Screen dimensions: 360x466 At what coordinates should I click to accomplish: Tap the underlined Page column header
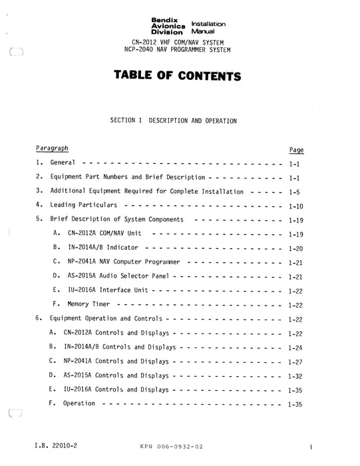pos(297,150)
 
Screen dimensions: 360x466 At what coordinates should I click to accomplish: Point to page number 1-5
pos(297,192)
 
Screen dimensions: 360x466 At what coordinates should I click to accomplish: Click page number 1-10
pos(297,206)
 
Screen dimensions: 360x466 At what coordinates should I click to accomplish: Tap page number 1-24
pos(297,348)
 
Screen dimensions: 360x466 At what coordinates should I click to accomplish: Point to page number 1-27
pos(297,361)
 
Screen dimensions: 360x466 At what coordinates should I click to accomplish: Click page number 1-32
pos(297,375)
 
